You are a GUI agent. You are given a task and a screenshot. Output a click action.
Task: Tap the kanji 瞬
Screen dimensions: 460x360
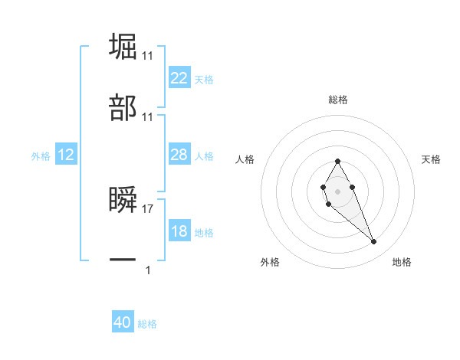(x=123, y=201)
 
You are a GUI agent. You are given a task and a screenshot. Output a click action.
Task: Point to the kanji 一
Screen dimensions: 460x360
(x=123, y=261)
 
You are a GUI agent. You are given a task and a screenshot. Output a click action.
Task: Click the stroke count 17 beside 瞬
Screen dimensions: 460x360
(x=149, y=208)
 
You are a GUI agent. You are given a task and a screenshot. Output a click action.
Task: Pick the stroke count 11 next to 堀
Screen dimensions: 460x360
(x=149, y=56)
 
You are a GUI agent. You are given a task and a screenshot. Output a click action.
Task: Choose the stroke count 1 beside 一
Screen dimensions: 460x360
(x=149, y=270)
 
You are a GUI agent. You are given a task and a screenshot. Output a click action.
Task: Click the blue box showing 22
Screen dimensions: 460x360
(x=179, y=78)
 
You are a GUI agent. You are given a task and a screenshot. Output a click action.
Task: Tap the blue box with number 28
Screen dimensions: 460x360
(x=179, y=155)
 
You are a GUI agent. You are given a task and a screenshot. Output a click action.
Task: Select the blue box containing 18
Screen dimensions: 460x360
(x=179, y=231)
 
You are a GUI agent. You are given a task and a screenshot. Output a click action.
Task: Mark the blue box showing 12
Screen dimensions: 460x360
(x=66, y=155)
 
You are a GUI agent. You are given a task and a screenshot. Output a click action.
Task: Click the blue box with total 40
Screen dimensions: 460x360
(x=123, y=322)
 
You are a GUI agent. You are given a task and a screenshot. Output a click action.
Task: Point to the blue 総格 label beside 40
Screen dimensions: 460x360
(x=148, y=324)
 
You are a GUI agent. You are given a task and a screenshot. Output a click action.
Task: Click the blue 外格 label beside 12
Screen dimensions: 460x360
(x=41, y=156)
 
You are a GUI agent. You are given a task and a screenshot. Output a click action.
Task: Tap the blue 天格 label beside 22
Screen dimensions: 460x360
(x=204, y=80)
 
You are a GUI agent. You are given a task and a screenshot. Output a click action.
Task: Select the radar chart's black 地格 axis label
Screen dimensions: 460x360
(x=402, y=263)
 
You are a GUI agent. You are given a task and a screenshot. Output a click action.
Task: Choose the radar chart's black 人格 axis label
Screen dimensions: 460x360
(x=245, y=160)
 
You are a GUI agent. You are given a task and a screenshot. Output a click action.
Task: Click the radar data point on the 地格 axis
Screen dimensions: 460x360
(x=374, y=242)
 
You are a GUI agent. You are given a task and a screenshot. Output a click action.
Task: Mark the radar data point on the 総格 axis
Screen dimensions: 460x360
(x=337, y=161)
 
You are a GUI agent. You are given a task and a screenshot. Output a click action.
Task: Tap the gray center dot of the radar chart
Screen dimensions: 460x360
(x=337, y=191)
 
